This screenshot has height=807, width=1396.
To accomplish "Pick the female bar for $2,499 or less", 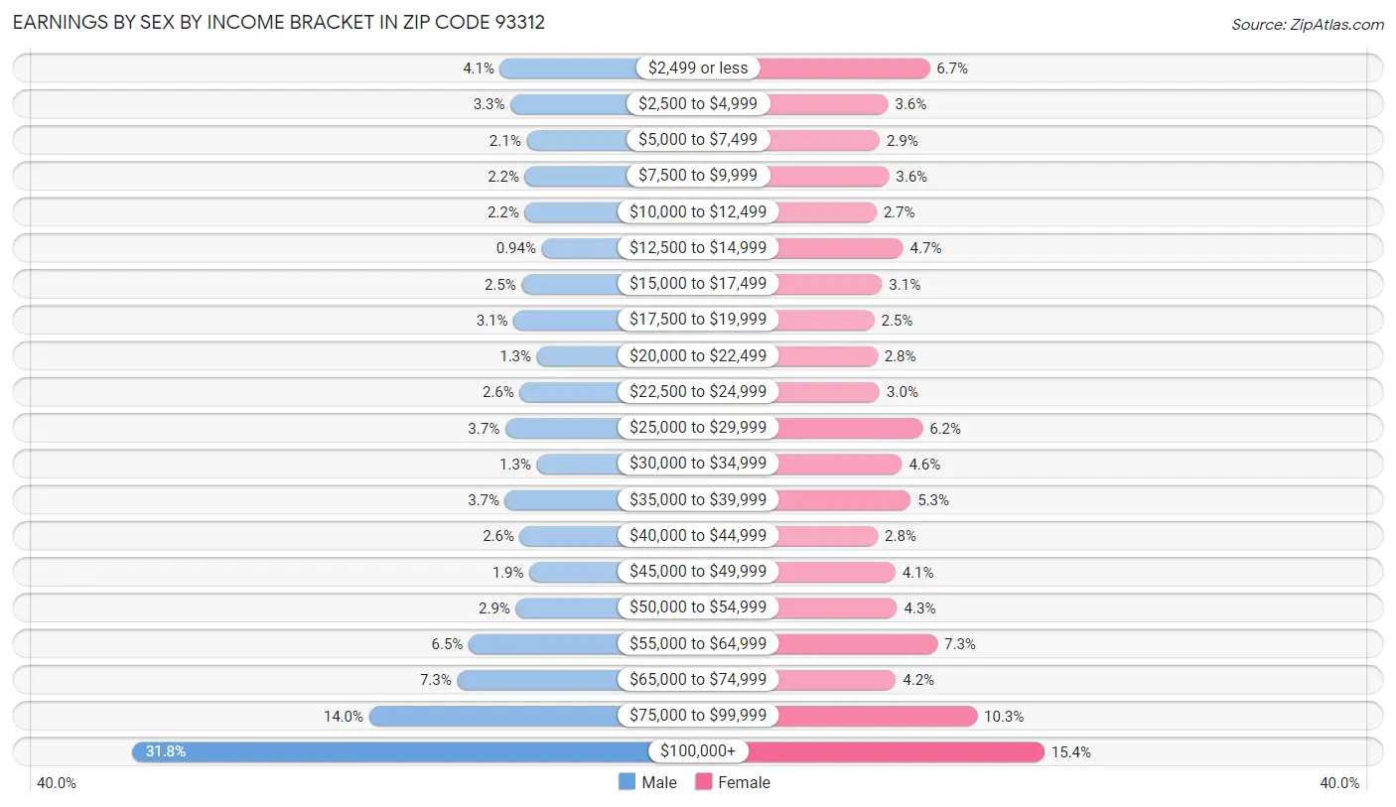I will [845, 67].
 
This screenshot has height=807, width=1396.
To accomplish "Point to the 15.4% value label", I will [1071, 752].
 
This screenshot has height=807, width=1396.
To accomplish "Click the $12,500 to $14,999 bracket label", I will [698, 247].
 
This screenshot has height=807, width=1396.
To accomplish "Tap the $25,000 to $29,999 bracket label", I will [698, 428].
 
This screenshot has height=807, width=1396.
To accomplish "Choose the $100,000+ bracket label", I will [698, 751].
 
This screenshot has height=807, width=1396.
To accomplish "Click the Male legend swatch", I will [627, 782].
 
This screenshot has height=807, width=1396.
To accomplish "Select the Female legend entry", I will [733, 782].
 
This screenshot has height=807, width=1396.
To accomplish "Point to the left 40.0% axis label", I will [57, 782].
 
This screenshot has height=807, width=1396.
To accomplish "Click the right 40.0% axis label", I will [1339, 782].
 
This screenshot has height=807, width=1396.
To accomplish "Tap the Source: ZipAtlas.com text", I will [1308, 24].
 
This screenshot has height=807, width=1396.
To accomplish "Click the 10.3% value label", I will [1004, 716].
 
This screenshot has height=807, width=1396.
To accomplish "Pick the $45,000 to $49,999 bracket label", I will [698, 572].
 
